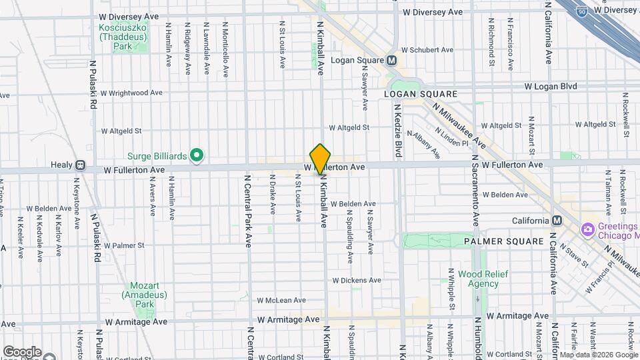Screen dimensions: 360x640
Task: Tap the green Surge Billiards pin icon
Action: pyautogui.click(x=196, y=156)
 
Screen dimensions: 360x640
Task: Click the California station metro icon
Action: pyautogui.click(x=557, y=221)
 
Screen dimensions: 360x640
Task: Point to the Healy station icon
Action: pyautogui.click(x=80, y=165)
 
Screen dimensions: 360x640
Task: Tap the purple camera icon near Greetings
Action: pyautogui.click(x=588, y=230)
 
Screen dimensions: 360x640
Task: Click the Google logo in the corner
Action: pyautogui.click(x=21, y=352)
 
